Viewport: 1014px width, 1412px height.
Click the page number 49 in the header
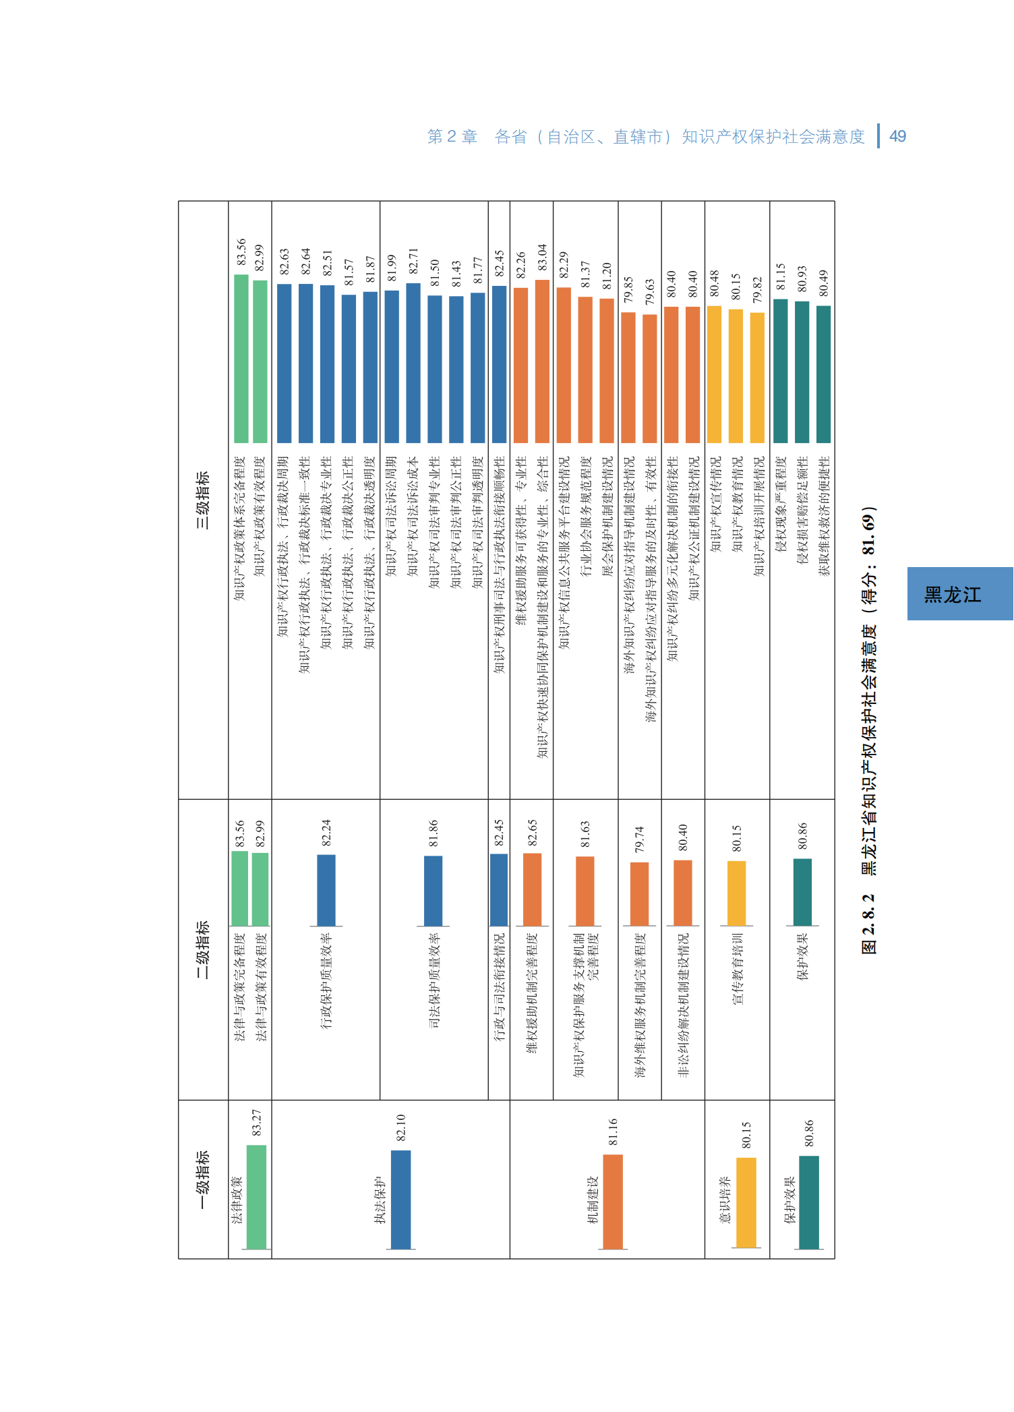[897, 136]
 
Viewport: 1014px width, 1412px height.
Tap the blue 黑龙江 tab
[959, 594]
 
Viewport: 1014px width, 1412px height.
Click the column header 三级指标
[202, 500]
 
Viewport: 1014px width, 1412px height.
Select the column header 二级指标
[202, 949]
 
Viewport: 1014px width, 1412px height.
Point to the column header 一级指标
[202, 1179]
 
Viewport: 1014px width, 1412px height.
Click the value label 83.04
[543, 258]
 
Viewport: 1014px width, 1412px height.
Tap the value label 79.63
[650, 292]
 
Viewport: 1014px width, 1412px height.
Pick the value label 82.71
[413, 262]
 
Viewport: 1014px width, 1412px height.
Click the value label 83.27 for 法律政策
[257, 1123]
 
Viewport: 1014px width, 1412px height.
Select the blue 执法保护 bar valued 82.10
[400, 1200]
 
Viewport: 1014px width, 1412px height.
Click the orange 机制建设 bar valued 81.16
[613, 1202]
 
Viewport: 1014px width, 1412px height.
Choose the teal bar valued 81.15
[780, 371]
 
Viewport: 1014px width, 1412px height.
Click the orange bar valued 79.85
[628, 378]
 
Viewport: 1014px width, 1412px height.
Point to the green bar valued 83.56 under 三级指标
[241, 359]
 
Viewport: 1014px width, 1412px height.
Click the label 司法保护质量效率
[434, 980]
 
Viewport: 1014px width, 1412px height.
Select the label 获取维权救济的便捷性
[824, 516]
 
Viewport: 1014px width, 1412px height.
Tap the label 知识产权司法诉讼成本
[413, 516]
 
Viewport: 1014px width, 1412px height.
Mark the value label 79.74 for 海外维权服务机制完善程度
[639, 840]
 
